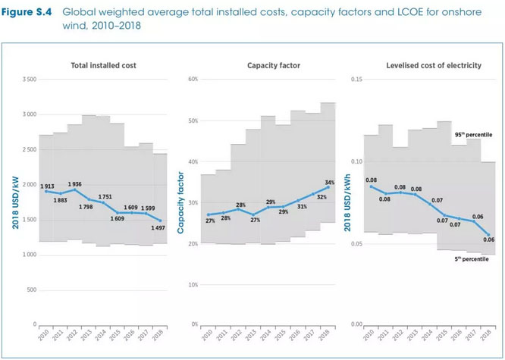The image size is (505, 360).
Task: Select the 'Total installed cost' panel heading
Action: pyautogui.click(x=103, y=66)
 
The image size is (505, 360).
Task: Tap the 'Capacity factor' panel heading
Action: pyautogui.click(x=267, y=66)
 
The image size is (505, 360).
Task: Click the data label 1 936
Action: pyautogui.click(x=74, y=184)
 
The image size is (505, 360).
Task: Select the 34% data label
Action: pyautogui.click(x=329, y=183)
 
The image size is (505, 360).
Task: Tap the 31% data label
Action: pyautogui.click(x=302, y=206)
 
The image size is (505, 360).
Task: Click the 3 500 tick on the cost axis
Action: pyautogui.click(x=27, y=80)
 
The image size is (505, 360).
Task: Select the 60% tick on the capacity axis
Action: pyautogui.click(x=193, y=80)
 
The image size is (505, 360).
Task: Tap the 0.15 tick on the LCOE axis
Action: pyautogui.click(x=356, y=80)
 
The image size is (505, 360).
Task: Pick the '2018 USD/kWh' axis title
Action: pyautogui.click(x=347, y=202)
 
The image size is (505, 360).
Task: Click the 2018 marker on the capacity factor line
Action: pyautogui.click(x=328, y=187)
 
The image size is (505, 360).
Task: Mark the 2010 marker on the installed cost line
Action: pyautogui.click(x=45, y=191)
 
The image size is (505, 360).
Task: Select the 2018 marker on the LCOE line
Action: pyautogui.click(x=488, y=235)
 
